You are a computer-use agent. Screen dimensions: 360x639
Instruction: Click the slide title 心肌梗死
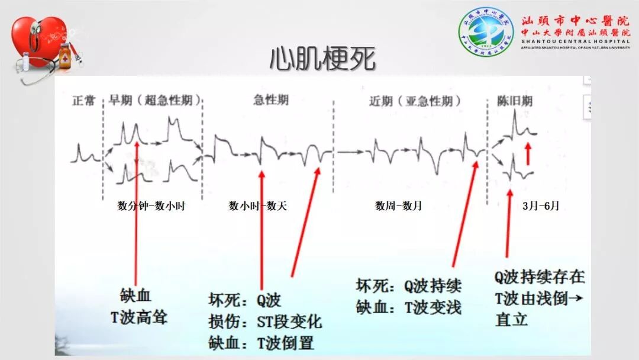tap(322, 59)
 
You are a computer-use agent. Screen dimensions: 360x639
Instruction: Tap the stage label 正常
tap(83, 101)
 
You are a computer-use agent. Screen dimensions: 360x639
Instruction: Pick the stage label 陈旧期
tap(514, 101)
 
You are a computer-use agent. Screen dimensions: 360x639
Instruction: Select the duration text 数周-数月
tap(398, 206)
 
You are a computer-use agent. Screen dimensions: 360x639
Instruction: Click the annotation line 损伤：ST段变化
tap(265, 322)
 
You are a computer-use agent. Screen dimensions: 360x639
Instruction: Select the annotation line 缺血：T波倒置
tap(261, 342)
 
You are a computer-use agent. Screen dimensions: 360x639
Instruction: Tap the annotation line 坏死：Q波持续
tap(408, 286)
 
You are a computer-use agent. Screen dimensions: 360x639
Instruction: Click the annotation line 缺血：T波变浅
tap(408, 307)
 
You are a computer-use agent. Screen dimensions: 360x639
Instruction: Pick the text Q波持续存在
tap(540, 277)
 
